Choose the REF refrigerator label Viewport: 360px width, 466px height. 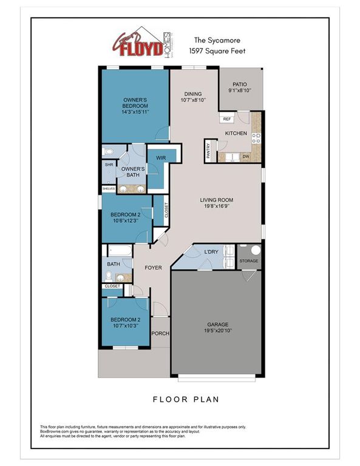226,119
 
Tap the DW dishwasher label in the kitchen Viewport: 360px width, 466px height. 246,157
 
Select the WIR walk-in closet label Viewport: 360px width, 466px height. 161,157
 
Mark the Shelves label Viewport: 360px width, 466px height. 108,189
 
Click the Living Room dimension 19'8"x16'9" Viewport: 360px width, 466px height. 217,206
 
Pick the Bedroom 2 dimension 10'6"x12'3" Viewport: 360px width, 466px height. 125,221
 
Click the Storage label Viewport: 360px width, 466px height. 249,262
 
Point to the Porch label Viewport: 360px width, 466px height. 160,333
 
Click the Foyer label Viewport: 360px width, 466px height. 152,268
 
